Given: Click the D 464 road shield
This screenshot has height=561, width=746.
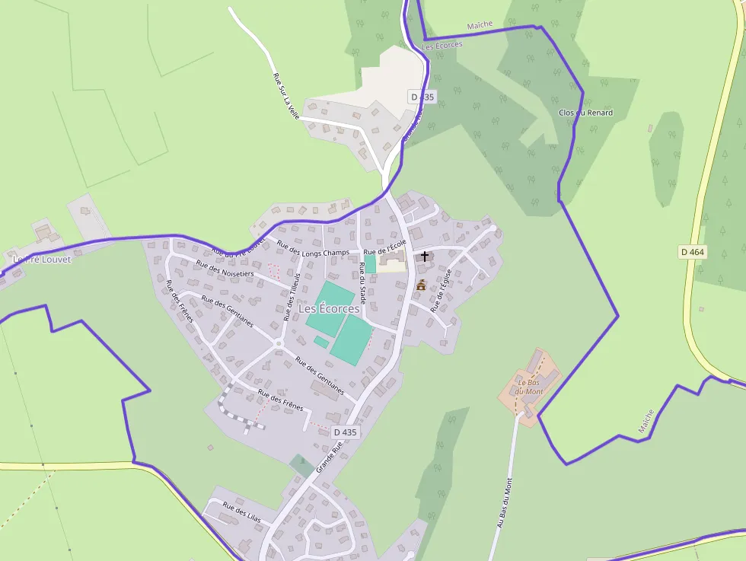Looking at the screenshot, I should coord(692,252).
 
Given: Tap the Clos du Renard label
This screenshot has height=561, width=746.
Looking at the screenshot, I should coord(585,113).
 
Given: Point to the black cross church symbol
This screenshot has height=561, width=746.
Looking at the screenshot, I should coord(425,257).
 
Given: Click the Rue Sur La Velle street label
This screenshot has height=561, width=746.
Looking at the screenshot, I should coord(286,95).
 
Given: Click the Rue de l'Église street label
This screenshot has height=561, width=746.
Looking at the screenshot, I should coord(442,290).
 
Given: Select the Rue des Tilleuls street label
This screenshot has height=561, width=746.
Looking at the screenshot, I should coord(292,297).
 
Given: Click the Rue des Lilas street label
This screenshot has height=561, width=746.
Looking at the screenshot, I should coord(241,510).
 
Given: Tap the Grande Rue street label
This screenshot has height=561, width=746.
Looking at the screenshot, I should coord(330,455).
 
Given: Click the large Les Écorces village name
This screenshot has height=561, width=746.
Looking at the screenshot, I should coord(329,309).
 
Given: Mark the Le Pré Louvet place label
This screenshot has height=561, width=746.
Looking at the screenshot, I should coord(42,259).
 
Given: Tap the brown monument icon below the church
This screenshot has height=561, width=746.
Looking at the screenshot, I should coord(421,285).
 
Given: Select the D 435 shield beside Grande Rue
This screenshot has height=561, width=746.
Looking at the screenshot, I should coord(345,432).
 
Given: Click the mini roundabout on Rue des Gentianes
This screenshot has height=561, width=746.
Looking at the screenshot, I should coord(279,344).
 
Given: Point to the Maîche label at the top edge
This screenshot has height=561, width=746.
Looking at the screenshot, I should coord(480,25).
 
